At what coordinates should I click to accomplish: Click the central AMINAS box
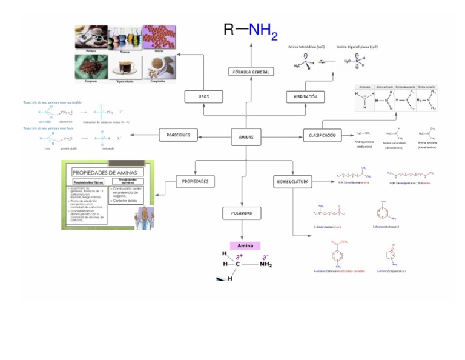[x=246, y=138]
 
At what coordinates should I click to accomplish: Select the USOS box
[x=203, y=97]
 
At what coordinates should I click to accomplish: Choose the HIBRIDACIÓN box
[x=305, y=97]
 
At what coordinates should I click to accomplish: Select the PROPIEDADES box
[x=195, y=181]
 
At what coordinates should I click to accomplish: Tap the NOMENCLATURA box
[x=293, y=181]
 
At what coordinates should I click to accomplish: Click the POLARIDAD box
[x=242, y=213]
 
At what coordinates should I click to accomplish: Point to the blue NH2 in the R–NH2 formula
[x=263, y=32]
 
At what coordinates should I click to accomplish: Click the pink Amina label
[x=245, y=245]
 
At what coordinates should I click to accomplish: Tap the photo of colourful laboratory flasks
[x=125, y=38]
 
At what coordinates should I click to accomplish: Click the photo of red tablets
[x=159, y=36]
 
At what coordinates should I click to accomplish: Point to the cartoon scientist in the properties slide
[x=144, y=215]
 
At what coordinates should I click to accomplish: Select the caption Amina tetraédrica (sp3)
[x=306, y=47]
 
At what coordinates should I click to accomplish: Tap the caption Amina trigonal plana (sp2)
[x=357, y=47]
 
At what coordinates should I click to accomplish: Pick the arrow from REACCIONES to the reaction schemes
[x=147, y=135]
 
